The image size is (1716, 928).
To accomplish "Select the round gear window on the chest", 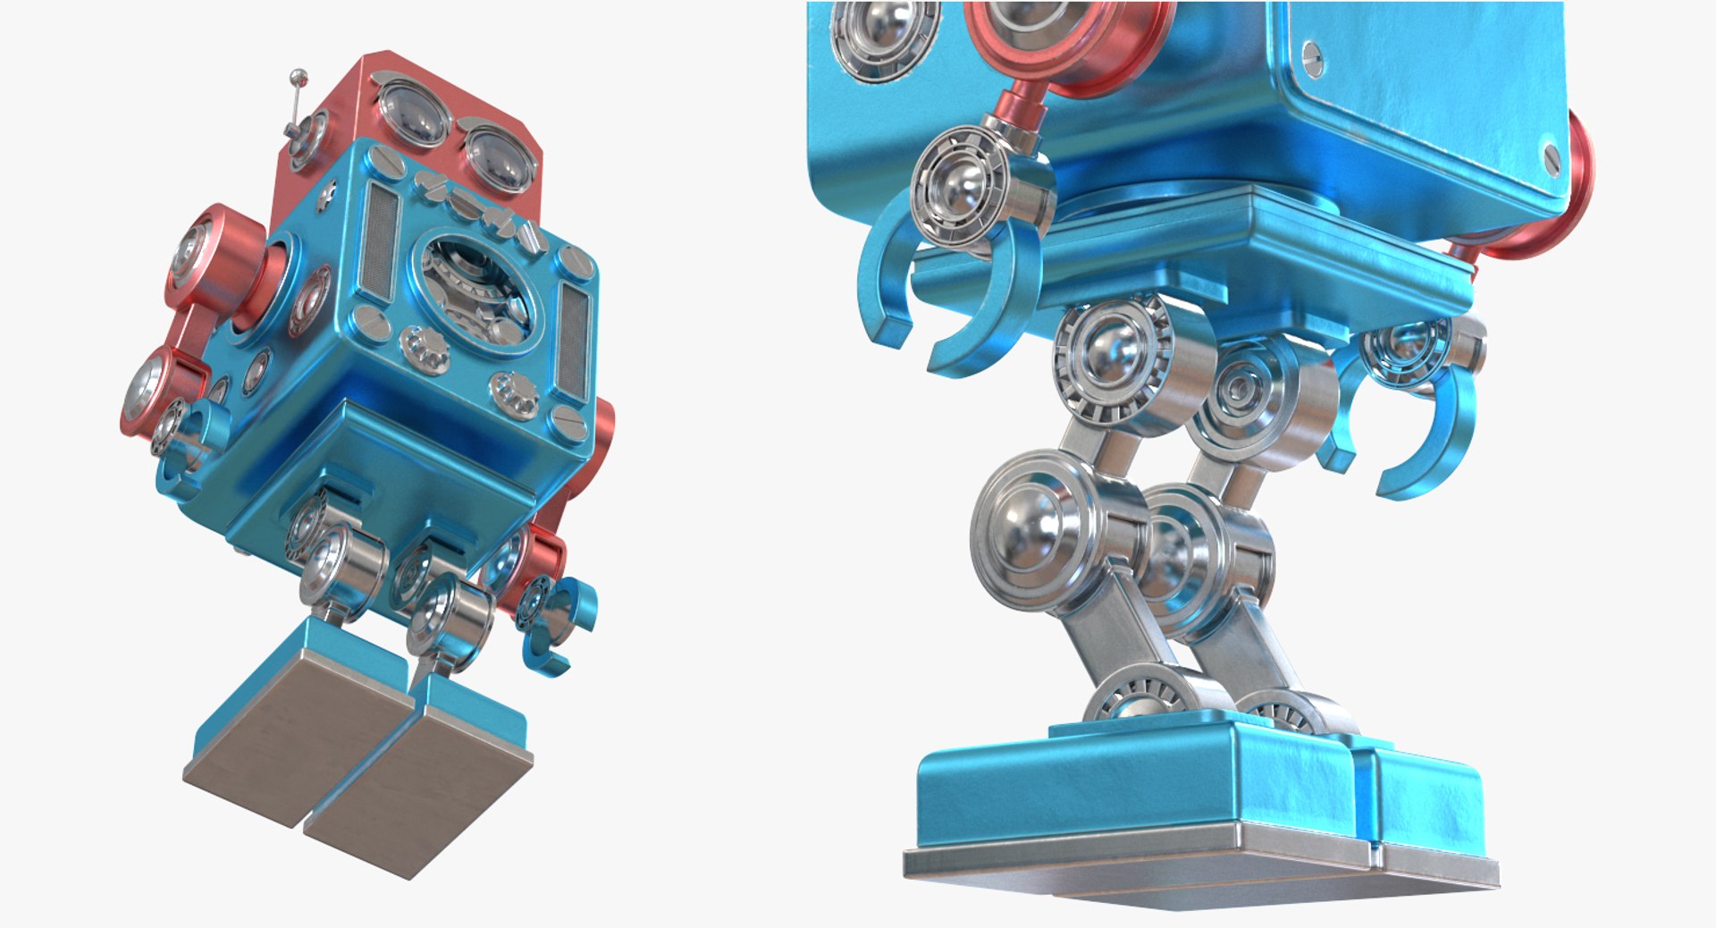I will (x=480, y=291).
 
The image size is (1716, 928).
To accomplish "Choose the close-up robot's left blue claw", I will (x=947, y=295).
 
